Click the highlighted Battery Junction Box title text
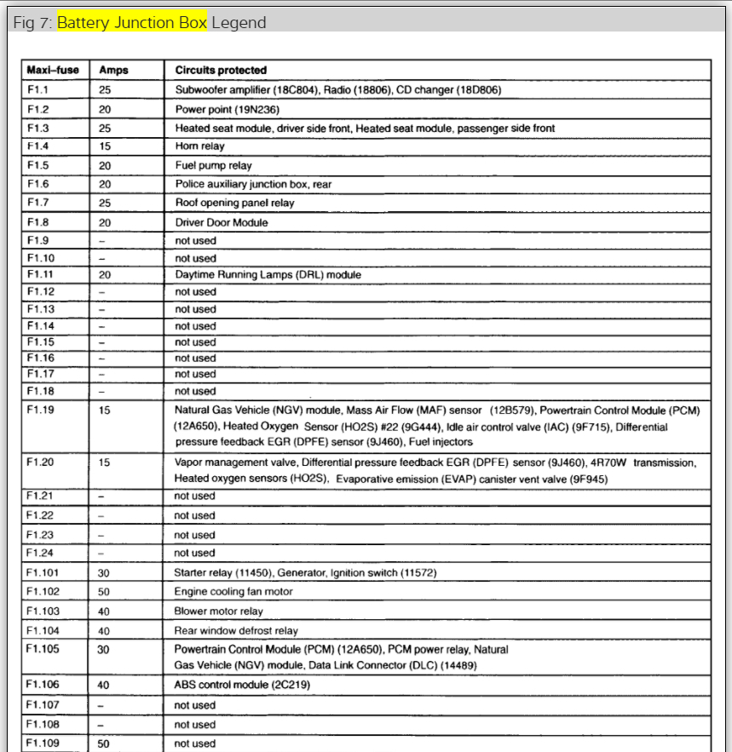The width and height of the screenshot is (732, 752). coord(132,23)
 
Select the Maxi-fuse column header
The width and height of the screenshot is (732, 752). coord(53,70)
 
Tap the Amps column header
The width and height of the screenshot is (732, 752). coord(113,70)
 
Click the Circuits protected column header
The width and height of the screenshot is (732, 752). coord(221,70)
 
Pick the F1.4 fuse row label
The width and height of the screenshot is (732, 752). coord(38,146)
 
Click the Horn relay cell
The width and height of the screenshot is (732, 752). coord(200,146)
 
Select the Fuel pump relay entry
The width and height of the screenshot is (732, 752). coord(214,165)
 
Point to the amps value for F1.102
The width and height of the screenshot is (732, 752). coord(105,591)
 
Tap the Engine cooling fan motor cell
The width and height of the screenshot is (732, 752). coord(233,591)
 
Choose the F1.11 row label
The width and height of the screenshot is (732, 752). coord(41,275)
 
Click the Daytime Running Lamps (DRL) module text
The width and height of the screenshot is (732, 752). coord(268,275)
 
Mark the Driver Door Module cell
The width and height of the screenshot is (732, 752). coord(222,222)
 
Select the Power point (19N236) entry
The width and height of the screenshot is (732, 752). coord(228,109)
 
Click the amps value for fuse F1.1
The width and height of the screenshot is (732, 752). coord(105,89)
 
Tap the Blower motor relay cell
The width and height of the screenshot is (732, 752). coord(219,611)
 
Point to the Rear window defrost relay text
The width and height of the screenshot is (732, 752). coord(236,631)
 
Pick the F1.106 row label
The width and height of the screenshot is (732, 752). coord(43,684)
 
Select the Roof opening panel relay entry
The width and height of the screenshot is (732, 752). coord(234,204)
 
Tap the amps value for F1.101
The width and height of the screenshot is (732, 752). coord(105,572)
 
